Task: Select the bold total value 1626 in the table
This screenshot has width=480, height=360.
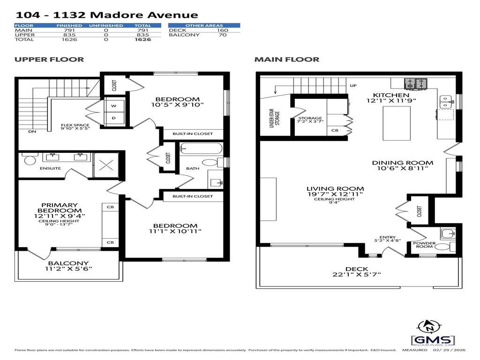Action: (142, 40)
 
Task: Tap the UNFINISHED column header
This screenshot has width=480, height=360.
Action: (106, 25)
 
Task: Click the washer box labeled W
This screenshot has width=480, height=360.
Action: (113, 106)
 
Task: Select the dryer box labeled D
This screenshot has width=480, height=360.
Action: (113, 118)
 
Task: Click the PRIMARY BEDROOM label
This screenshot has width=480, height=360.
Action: (59, 208)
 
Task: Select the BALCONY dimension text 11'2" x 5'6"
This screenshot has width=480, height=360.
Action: (68, 269)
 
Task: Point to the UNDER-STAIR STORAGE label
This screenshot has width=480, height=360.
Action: (277, 117)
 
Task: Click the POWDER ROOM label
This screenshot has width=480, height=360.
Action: (424, 245)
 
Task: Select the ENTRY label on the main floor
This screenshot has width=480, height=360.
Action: (388, 237)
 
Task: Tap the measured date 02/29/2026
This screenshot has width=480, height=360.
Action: (449, 350)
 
